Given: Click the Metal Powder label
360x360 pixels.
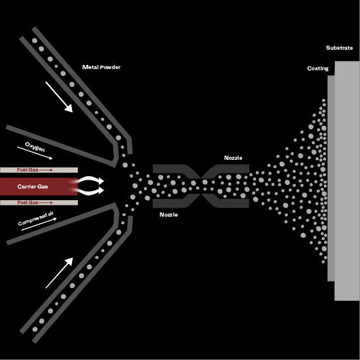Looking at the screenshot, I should point(101,67).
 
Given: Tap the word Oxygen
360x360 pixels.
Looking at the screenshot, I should point(35,146).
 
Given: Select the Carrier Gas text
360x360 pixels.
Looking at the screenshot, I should point(33,187).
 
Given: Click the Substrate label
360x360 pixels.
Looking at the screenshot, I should point(340,48).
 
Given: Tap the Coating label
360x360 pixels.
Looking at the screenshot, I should point(318,68).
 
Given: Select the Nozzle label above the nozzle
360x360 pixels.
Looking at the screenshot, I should point(233,158).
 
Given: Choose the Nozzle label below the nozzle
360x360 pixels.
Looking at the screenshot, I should point(169,215).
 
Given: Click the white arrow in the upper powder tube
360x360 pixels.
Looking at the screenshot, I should point(59,97).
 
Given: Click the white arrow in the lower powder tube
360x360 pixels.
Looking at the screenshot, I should point(59,272).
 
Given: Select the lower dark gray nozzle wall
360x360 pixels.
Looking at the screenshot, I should point(176,204).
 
